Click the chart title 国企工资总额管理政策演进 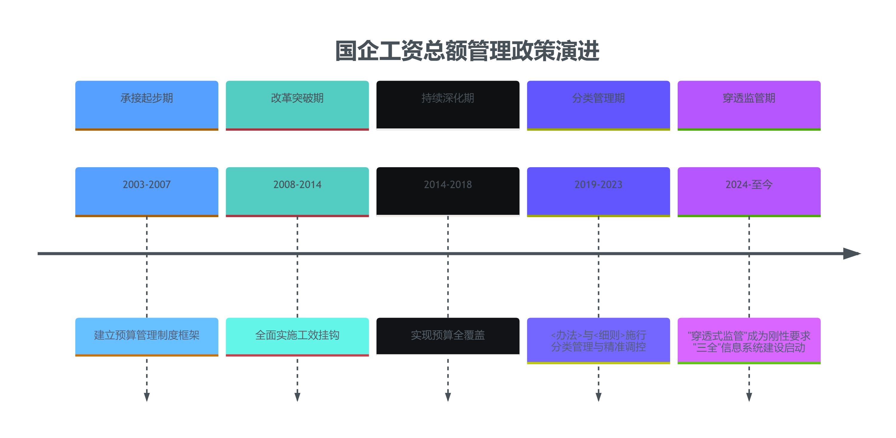pyautogui.click(x=467, y=51)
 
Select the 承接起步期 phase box pyautogui.click(x=146, y=105)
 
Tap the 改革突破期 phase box pyautogui.click(x=297, y=105)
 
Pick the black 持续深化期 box pyautogui.click(x=448, y=105)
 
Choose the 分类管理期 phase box pyautogui.click(x=598, y=105)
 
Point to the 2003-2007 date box pyautogui.click(x=146, y=192)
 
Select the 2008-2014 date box pyautogui.click(x=297, y=192)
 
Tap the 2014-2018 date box pyautogui.click(x=448, y=192)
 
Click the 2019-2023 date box pyautogui.click(x=598, y=192)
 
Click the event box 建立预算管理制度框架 pyautogui.click(x=146, y=336)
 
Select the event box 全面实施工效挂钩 pyautogui.click(x=297, y=336)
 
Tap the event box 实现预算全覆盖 pyautogui.click(x=448, y=336)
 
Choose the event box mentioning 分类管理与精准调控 pyautogui.click(x=598, y=340)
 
